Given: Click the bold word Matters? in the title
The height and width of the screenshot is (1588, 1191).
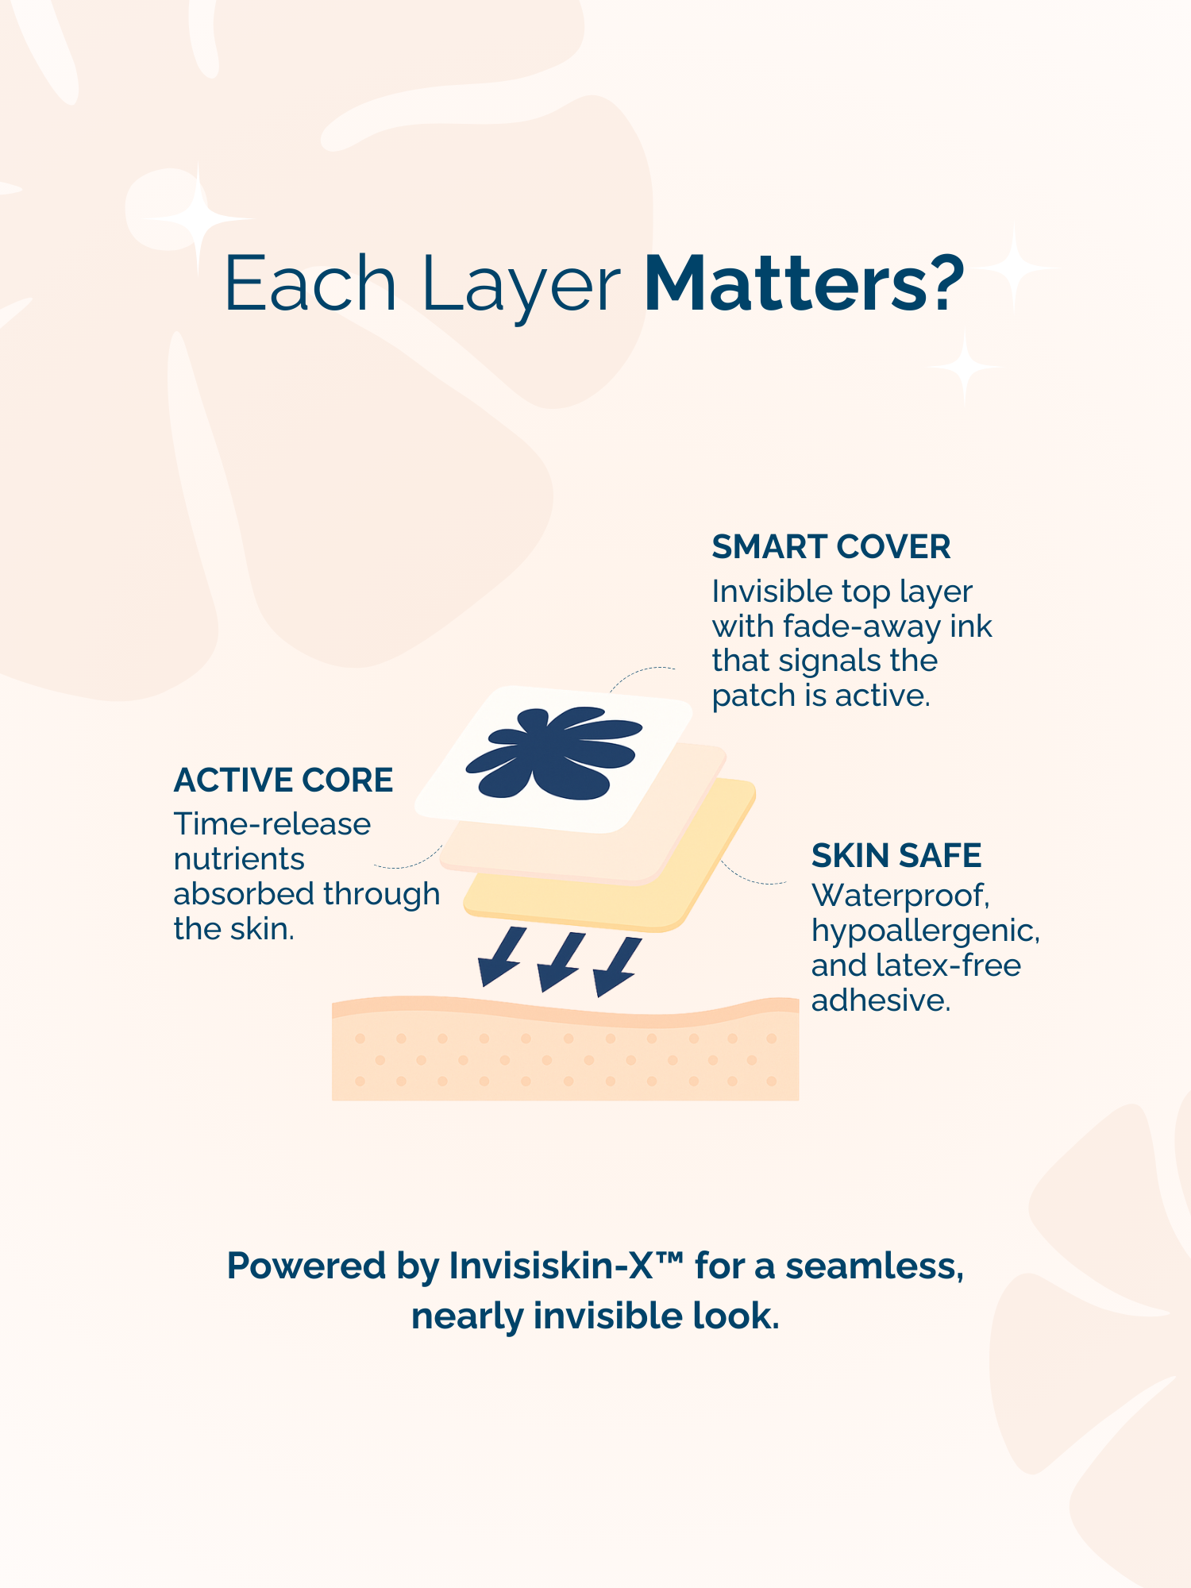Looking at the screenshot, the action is tap(804, 283).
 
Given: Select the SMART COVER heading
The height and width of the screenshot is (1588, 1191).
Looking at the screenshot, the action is tap(831, 547).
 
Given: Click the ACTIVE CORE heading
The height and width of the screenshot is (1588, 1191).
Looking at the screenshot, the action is tap(283, 781).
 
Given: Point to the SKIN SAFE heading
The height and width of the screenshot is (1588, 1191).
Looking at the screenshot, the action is tap(896, 856).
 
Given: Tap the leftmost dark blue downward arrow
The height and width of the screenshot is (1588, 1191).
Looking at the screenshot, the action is tap(500, 956).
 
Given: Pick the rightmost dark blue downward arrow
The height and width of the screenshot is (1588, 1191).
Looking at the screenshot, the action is tap(617, 966).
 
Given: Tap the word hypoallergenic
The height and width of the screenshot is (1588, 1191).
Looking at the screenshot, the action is tap(926, 931).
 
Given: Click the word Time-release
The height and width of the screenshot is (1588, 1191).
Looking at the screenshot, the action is tap(272, 824).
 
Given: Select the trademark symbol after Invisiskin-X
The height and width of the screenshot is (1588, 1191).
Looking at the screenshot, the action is tap(669, 1258).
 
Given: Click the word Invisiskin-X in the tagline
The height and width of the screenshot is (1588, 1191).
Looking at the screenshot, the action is tap(551, 1266).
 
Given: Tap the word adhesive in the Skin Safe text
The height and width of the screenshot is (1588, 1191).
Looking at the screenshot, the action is tap(881, 1000).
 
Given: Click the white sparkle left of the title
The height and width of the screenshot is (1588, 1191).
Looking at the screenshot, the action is tap(198, 218).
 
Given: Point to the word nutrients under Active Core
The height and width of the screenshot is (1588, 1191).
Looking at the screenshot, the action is tap(239, 859).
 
